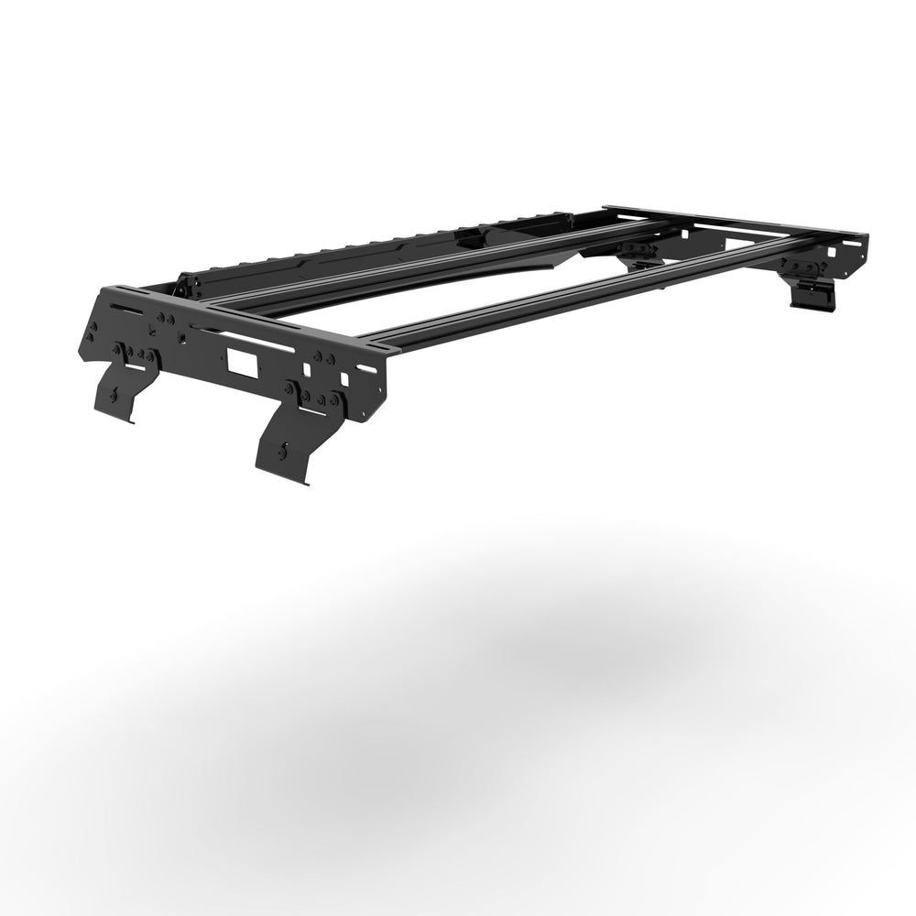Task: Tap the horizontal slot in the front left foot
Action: point(135,367)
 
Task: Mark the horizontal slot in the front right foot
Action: point(313,411)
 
